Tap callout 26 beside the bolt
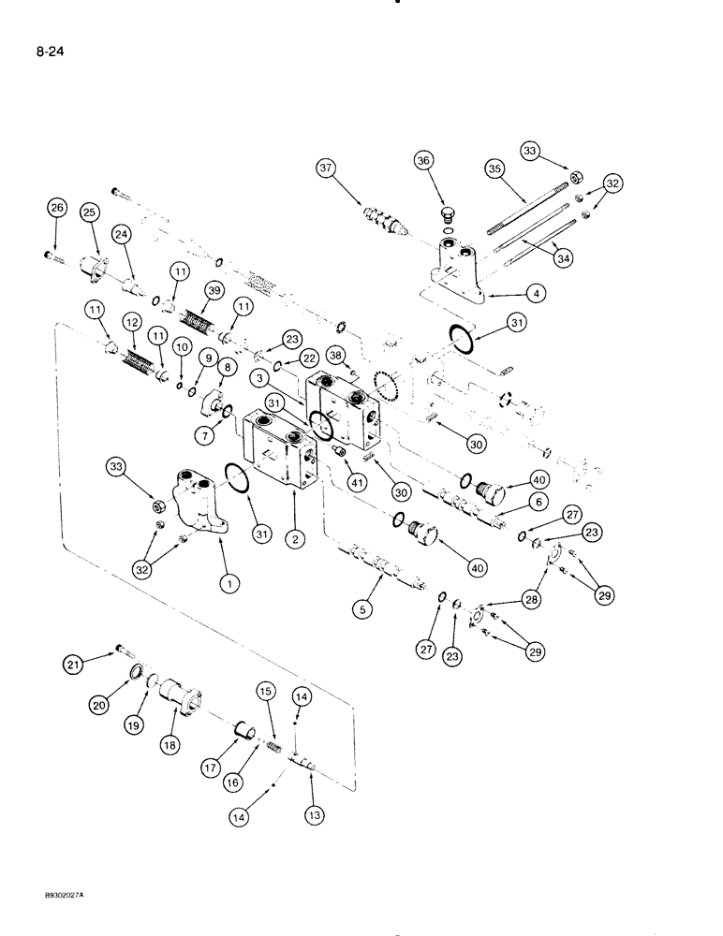[x=58, y=209]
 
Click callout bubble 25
[x=91, y=213]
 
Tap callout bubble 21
[x=73, y=664]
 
